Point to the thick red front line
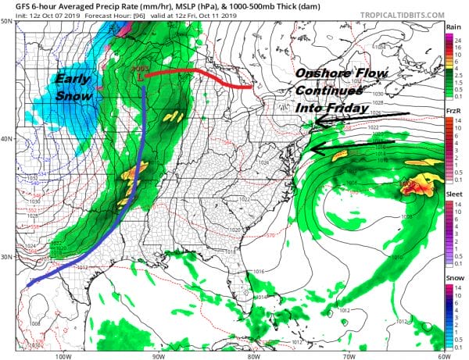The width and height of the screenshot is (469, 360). (x=195, y=73)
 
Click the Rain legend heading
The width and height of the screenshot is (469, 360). (x=452, y=26)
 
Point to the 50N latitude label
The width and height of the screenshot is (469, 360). (x=8, y=21)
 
